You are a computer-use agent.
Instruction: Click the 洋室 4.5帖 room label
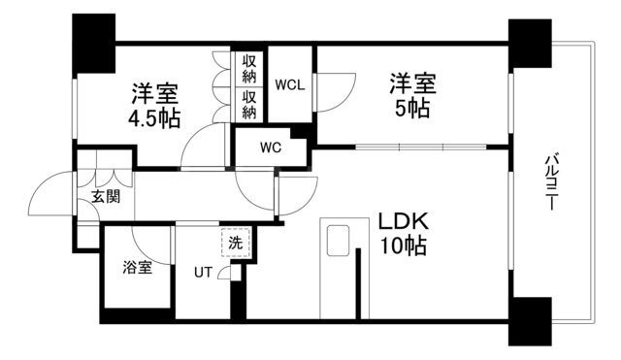point(155,106)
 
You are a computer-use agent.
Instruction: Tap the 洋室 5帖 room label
point(413,94)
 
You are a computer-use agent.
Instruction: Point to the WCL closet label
point(290,83)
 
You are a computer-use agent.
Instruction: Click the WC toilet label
point(270,148)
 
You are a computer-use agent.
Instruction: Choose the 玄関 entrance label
point(106,196)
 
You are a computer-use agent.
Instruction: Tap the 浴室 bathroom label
point(136,268)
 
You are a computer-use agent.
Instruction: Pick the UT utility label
point(203,272)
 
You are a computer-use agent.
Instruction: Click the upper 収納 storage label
point(249,67)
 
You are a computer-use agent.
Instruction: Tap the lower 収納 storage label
point(249,105)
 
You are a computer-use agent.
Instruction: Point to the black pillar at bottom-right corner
point(529,320)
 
